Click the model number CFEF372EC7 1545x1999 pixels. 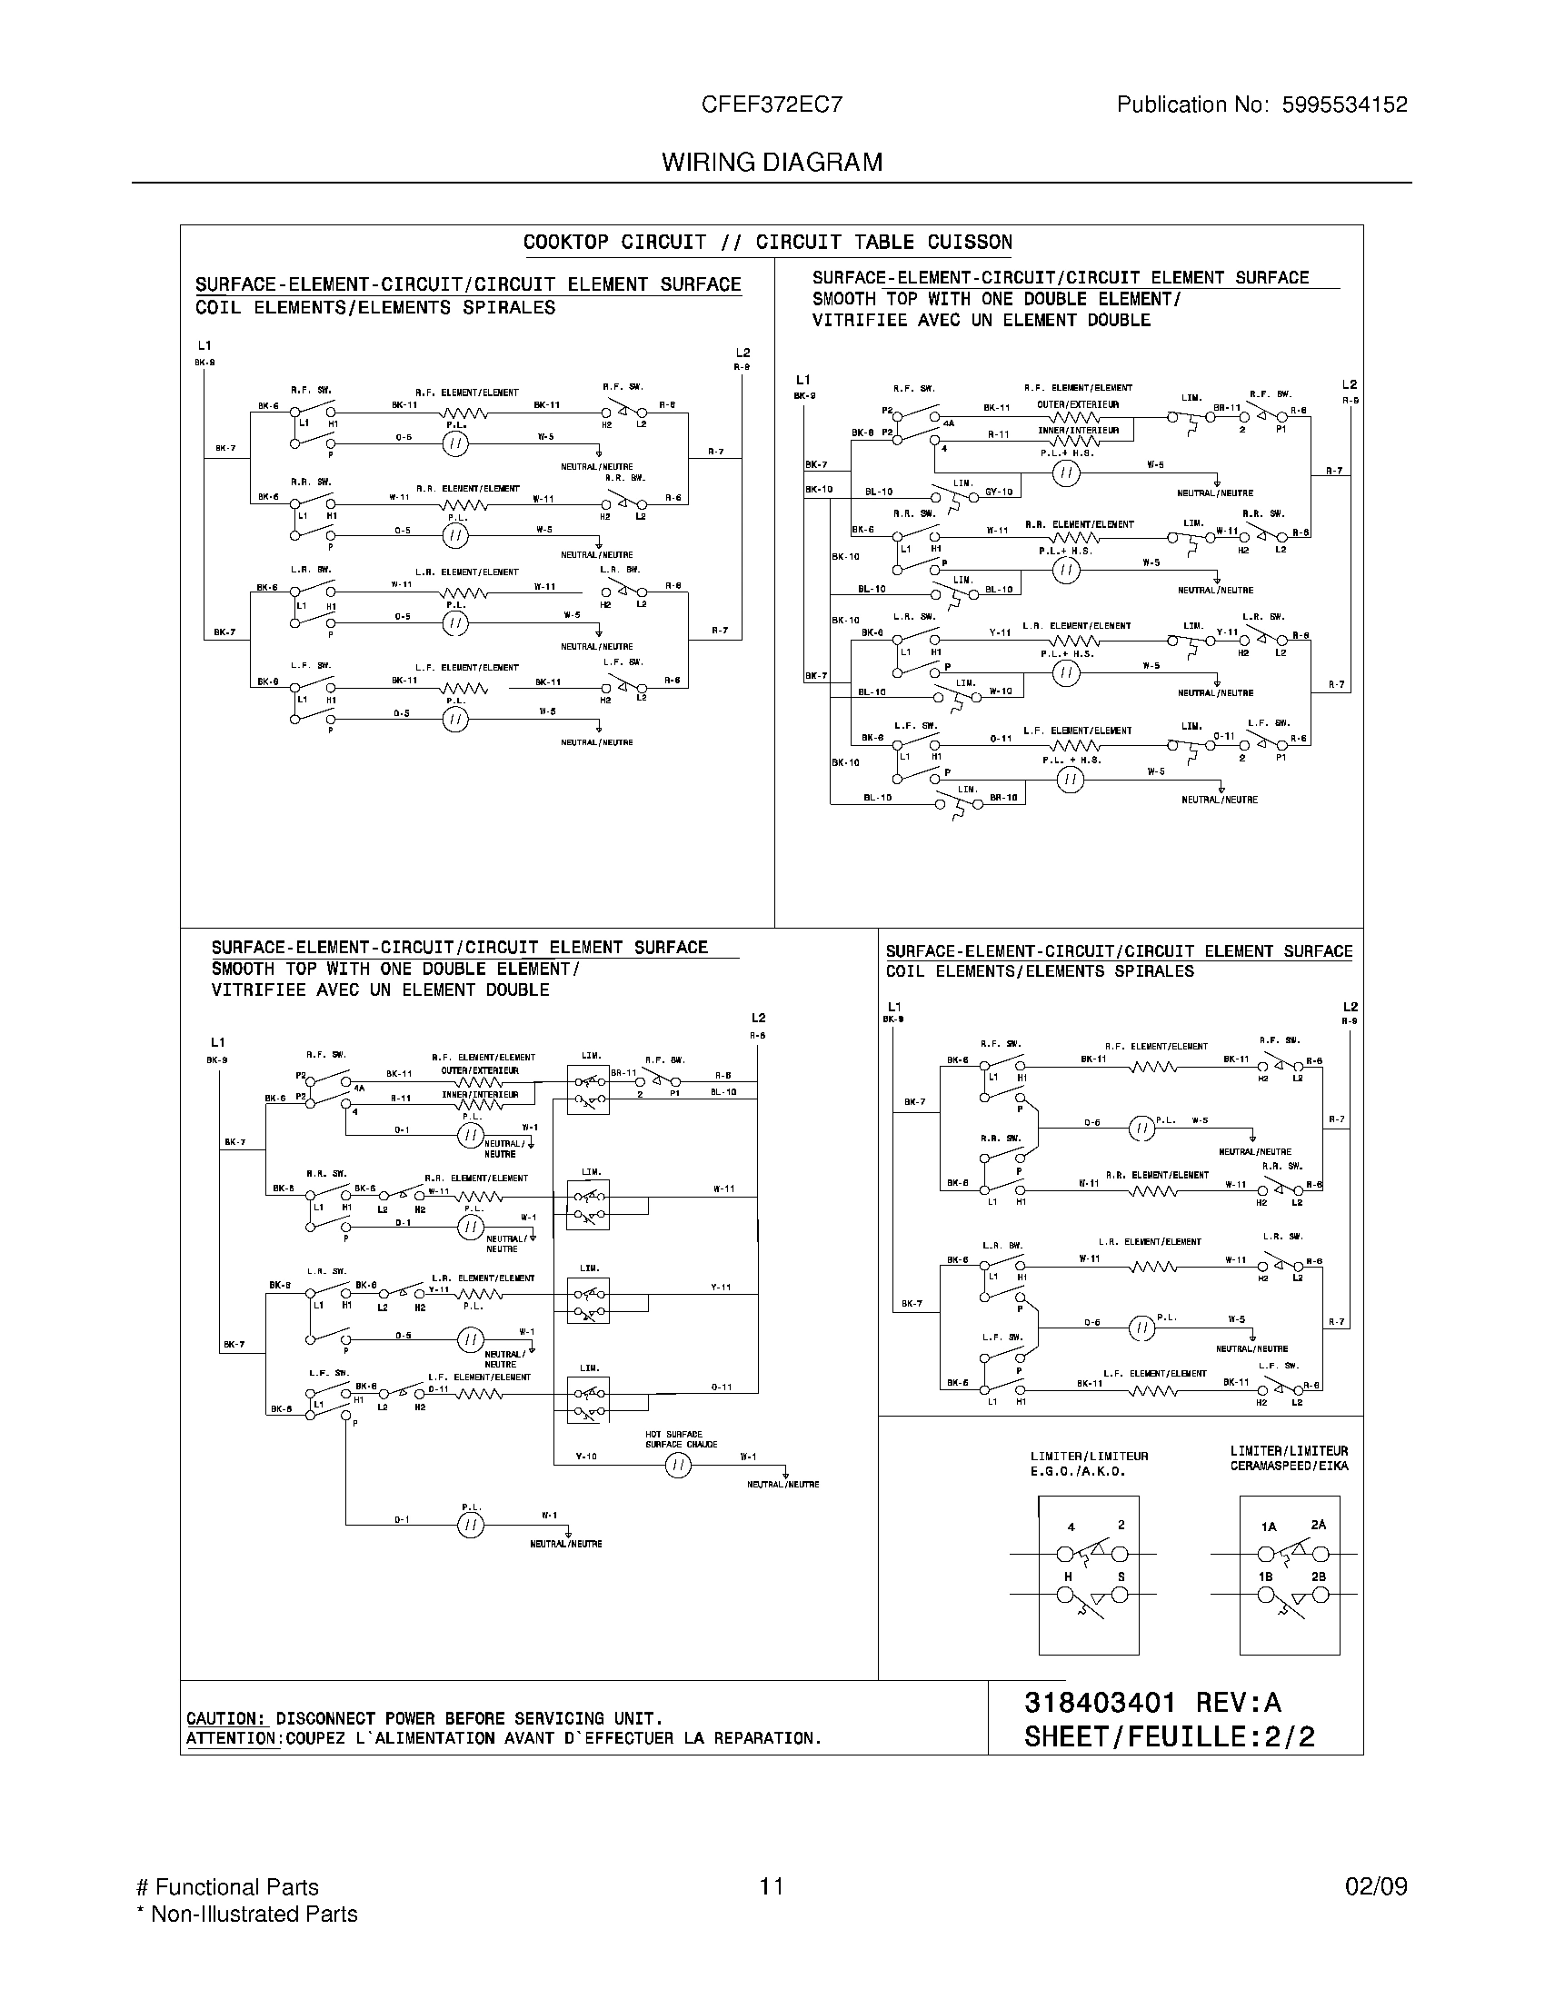(772, 105)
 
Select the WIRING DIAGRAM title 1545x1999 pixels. (772, 163)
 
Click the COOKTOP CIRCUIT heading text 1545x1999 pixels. (614, 243)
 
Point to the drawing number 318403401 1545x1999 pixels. (1099, 1702)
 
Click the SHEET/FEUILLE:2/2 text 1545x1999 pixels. (1169, 1736)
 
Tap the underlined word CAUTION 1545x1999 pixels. (226, 1718)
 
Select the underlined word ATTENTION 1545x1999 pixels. (233, 1738)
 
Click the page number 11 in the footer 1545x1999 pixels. (771, 1886)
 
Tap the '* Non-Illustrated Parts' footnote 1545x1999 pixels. (246, 1914)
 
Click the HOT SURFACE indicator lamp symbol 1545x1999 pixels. (677, 1466)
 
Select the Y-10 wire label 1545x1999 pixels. (586, 1456)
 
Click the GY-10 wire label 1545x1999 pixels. (999, 492)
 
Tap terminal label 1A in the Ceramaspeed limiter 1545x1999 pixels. (1268, 1527)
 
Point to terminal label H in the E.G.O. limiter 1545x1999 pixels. (1067, 1577)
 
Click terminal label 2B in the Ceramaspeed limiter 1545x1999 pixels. (1318, 1577)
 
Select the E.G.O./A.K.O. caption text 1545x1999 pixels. (1077, 1472)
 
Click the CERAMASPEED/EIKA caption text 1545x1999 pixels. (1289, 1467)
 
